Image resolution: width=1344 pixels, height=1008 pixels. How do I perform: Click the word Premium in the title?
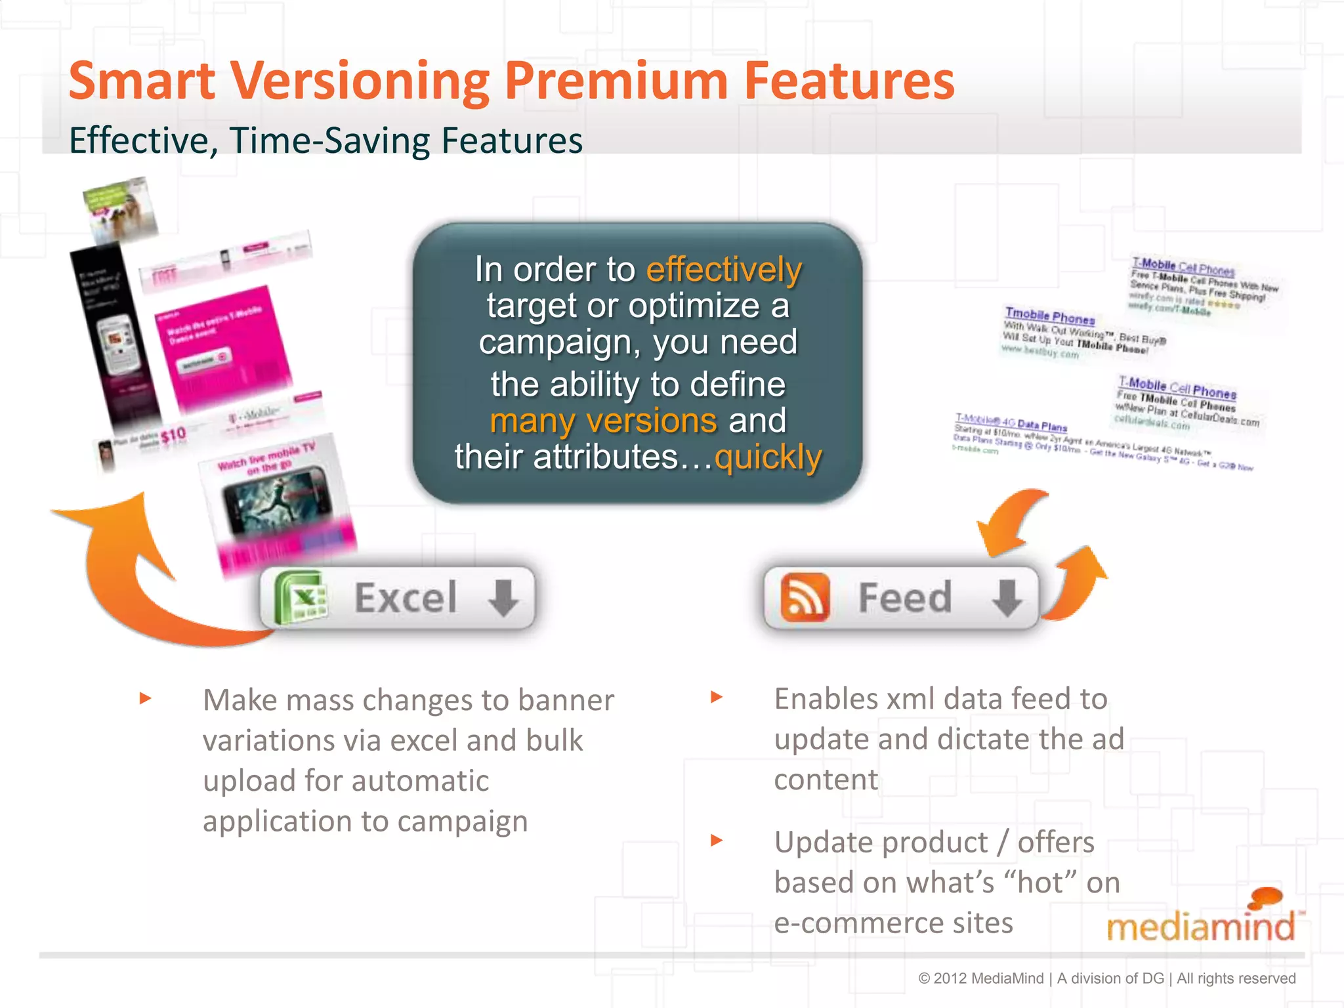[616, 81]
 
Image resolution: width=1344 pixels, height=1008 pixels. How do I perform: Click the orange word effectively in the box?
[724, 270]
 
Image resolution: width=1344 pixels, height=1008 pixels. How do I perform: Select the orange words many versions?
[603, 421]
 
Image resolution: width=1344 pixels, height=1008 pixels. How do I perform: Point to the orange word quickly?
[767, 457]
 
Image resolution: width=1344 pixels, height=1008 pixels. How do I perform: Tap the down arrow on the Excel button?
[503, 597]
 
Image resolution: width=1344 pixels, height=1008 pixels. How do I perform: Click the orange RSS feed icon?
[805, 597]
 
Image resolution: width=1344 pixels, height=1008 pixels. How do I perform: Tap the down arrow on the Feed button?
[1006, 597]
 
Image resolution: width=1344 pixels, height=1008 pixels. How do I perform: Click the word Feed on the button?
[904, 597]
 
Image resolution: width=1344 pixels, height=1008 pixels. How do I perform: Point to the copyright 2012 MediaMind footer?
[1106, 978]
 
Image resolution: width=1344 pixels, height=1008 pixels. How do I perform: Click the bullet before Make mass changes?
[146, 698]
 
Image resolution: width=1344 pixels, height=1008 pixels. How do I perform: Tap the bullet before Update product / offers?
[717, 840]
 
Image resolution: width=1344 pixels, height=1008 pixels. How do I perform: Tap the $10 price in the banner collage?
[173, 435]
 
